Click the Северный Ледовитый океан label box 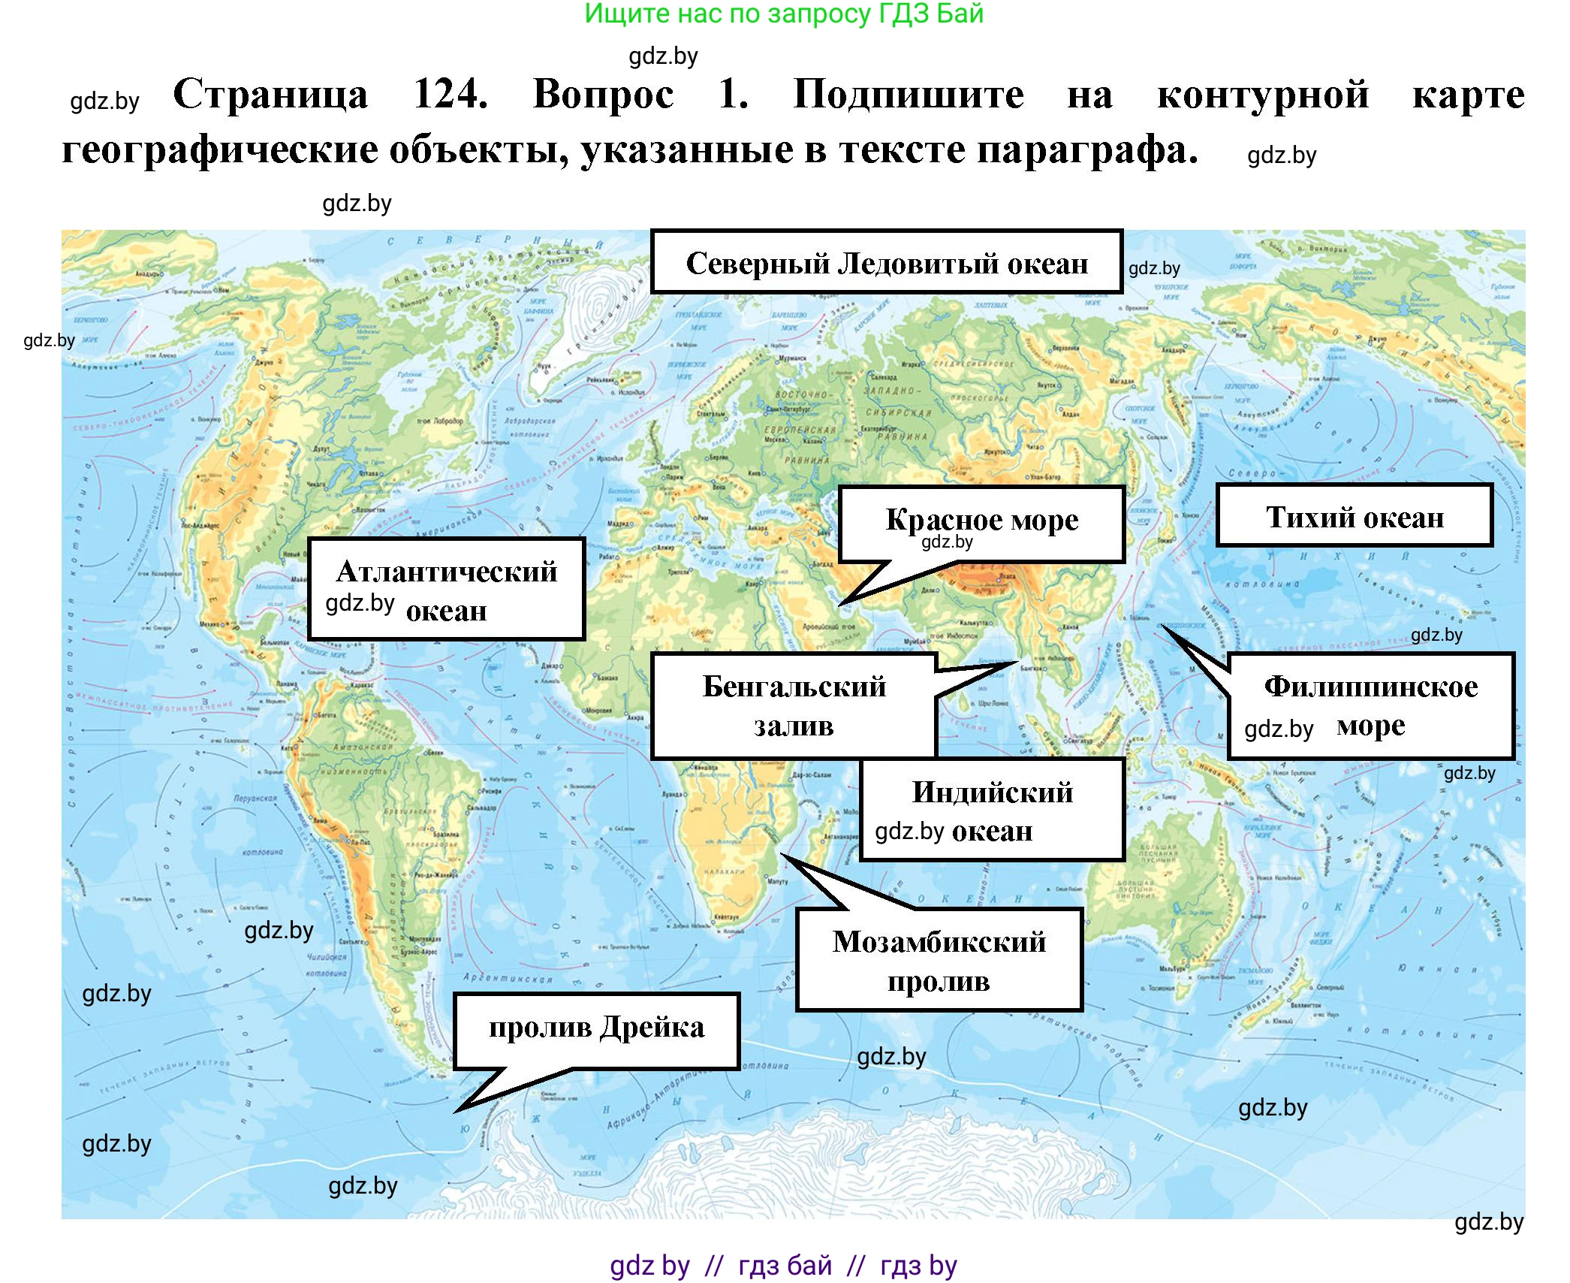(x=886, y=262)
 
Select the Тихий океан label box (x=1354, y=516)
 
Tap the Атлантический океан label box (x=446, y=590)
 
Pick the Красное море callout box (x=981, y=523)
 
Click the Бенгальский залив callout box (x=794, y=706)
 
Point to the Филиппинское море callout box (x=1370, y=706)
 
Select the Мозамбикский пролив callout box (x=939, y=960)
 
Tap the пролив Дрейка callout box (x=596, y=1030)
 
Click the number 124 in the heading (x=451, y=95)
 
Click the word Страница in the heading (x=270, y=95)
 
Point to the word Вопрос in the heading (x=603, y=95)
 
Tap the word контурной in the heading (x=1263, y=95)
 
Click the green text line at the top (x=784, y=14)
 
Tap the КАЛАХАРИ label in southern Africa (x=724, y=871)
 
